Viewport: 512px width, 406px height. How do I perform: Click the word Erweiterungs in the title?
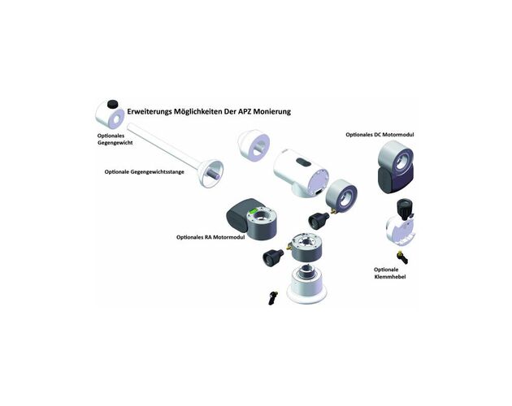(x=150, y=111)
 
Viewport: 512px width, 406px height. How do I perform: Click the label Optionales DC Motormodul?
(x=380, y=135)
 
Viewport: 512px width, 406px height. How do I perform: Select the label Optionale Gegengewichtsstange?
(x=145, y=171)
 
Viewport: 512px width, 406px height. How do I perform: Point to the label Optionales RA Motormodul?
(x=210, y=237)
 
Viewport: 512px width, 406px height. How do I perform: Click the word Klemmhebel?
(x=390, y=277)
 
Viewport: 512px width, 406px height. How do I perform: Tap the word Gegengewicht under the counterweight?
(x=115, y=143)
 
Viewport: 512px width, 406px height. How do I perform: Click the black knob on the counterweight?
(x=113, y=104)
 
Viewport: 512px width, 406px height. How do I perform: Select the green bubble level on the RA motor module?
(x=253, y=211)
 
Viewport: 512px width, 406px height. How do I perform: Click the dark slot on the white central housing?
(x=303, y=162)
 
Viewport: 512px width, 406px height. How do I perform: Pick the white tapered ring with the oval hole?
(x=254, y=145)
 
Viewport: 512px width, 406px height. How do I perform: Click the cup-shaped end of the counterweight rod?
(x=211, y=174)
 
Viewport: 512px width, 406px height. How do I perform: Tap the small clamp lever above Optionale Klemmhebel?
(x=402, y=257)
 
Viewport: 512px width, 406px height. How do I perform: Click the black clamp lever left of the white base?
(x=272, y=297)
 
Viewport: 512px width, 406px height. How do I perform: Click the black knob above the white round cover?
(x=404, y=209)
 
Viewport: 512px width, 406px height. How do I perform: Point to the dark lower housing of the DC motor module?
(x=395, y=179)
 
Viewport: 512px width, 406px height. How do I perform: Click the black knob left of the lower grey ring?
(x=273, y=257)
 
